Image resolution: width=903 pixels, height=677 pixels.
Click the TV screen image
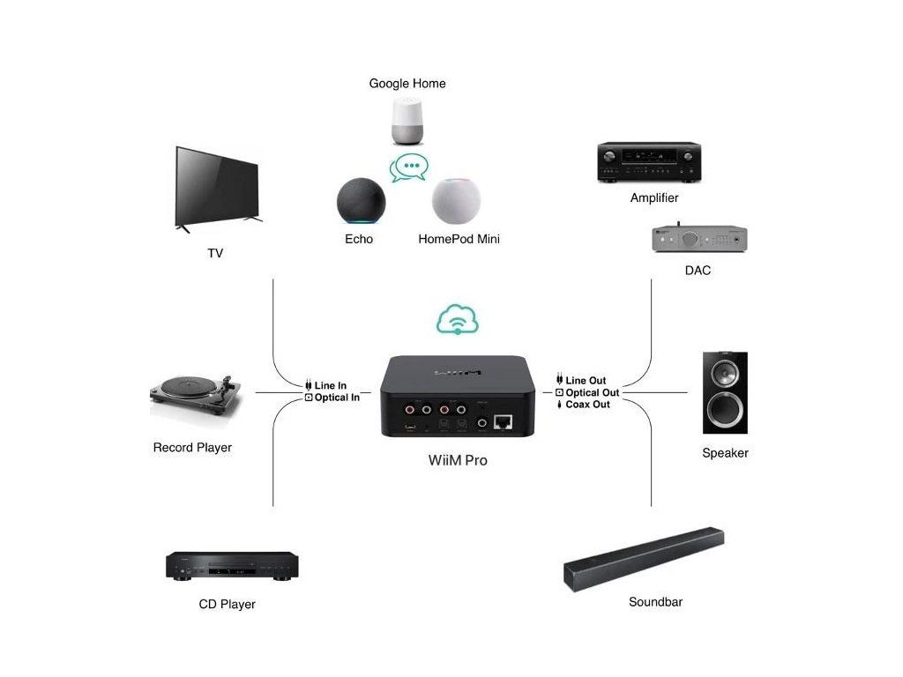point(217,187)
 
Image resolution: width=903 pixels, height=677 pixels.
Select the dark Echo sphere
point(361,202)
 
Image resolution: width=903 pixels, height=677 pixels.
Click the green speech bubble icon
point(409,167)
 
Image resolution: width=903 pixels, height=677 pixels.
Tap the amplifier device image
point(649,162)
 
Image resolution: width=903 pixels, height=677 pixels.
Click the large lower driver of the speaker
point(725,408)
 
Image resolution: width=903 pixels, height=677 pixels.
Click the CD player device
point(232,566)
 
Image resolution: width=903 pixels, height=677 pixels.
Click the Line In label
point(330,385)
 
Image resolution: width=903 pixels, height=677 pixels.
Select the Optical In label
point(336,398)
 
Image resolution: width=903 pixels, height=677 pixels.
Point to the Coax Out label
point(586,404)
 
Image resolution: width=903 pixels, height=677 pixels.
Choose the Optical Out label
point(592,392)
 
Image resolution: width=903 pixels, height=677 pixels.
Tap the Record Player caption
point(192,448)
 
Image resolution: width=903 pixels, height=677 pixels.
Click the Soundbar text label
point(655,602)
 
